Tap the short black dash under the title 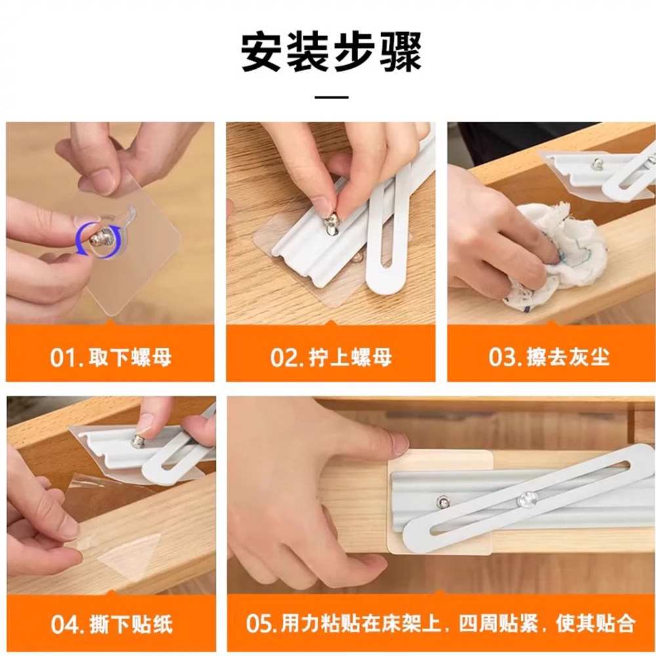click(331, 98)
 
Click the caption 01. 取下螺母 click(111, 358)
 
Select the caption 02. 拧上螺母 click(331, 358)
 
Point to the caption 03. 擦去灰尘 click(549, 357)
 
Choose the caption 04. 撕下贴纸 click(112, 625)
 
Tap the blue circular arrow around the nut click(99, 239)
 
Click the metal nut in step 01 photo click(99, 239)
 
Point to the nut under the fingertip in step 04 click(138, 441)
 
